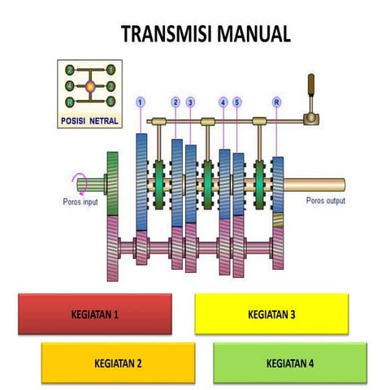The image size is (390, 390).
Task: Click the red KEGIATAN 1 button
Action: coord(94,314)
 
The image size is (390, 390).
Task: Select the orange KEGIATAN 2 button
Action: coord(119,362)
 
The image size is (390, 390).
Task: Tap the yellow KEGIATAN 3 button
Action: coord(271,314)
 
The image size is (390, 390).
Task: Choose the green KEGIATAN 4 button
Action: coord(290,362)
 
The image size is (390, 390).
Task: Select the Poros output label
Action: coord(325,200)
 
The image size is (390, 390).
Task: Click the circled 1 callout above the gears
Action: coord(141,102)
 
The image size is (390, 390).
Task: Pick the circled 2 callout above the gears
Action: coord(175,102)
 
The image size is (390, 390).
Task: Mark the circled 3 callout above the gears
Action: coord(190,102)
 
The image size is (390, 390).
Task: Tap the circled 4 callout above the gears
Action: coord(223,102)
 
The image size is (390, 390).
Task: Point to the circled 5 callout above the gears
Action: coord(236,102)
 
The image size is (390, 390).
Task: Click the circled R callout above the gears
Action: coord(277,102)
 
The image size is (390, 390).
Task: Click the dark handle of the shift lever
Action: coord(310,84)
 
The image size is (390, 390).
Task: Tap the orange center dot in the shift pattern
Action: coord(90,85)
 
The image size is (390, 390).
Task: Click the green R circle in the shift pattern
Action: coord(71,102)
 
